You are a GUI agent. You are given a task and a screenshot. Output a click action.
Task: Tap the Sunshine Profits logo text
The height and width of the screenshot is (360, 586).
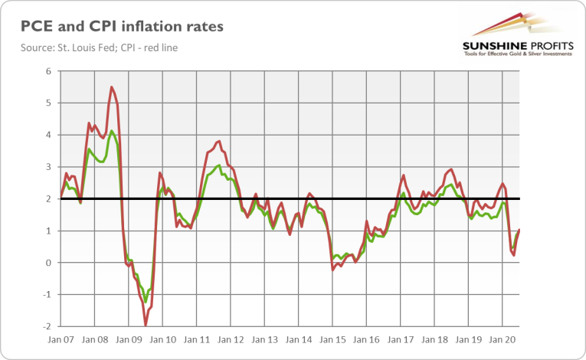[x=517, y=47]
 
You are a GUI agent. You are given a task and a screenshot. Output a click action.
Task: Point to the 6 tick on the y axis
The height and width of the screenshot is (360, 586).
[x=47, y=71]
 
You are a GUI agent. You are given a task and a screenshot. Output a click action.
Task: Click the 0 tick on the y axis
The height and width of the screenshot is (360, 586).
[x=47, y=263]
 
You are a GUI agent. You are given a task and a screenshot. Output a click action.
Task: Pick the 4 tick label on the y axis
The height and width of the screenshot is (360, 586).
[x=47, y=135]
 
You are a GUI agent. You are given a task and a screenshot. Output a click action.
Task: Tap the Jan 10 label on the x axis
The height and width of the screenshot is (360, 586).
[x=162, y=339]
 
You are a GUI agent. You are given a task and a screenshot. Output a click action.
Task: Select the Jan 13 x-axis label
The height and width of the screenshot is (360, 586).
[x=264, y=339]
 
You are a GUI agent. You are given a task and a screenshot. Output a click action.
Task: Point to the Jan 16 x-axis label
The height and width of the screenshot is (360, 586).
[x=365, y=339]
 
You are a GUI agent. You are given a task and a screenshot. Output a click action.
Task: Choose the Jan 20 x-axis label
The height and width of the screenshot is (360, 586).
[x=502, y=339]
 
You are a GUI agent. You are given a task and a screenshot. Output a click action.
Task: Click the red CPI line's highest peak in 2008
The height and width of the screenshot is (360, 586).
[x=112, y=87]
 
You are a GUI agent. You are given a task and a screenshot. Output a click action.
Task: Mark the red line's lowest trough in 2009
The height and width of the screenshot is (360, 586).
[x=146, y=326]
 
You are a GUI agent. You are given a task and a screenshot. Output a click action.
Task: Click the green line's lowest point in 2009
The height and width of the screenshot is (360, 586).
[x=145, y=302]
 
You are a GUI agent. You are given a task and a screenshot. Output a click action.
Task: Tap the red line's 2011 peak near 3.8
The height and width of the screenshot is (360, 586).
[x=219, y=141]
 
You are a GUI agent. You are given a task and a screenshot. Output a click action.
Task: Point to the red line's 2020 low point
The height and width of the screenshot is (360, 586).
[x=513, y=255]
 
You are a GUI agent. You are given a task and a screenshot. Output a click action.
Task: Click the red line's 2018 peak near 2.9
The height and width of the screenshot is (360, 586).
[x=450, y=169]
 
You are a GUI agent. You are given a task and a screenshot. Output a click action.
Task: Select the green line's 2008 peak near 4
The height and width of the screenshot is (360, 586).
[x=112, y=131]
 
